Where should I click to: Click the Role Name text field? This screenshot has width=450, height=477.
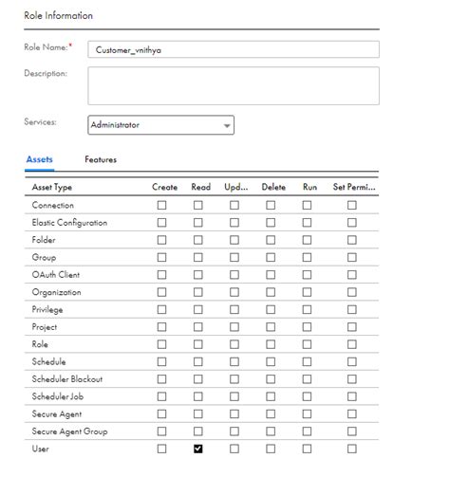pyautogui.click(x=233, y=49)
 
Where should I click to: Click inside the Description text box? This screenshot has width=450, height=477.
pyautogui.click(x=233, y=85)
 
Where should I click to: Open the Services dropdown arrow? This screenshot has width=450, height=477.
pyautogui.click(x=227, y=125)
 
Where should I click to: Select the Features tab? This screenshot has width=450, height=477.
pyautogui.click(x=101, y=159)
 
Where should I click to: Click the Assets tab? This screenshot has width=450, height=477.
pyautogui.click(x=39, y=159)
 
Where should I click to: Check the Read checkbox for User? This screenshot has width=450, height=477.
pyautogui.click(x=198, y=449)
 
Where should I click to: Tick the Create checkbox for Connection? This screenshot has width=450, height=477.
pyautogui.click(x=161, y=206)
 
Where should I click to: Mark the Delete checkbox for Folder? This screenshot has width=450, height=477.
pyautogui.click(x=271, y=240)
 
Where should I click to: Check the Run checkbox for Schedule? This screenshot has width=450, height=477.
pyautogui.click(x=309, y=362)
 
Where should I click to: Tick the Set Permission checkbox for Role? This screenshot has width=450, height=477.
pyautogui.click(x=351, y=344)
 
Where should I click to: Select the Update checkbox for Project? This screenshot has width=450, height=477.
pyautogui.click(x=234, y=327)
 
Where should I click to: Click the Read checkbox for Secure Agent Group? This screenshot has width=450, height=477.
pyautogui.click(x=198, y=431)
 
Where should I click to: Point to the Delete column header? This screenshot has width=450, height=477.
pyautogui.click(x=273, y=188)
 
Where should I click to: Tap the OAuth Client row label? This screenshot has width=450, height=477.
pyautogui.click(x=56, y=275)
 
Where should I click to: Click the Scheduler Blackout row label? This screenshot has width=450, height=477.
pyautogui.click(x=67, y=379)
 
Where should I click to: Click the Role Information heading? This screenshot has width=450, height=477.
pyautogui.click(x=58, y=16)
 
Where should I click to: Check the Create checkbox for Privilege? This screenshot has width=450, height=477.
pyautogui.click(x=161, y=310)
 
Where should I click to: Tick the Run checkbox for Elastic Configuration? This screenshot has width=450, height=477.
pyautogui.click(x=309, y=223)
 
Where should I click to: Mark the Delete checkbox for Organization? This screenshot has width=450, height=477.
pyautogui.click(x=271, y=292)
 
